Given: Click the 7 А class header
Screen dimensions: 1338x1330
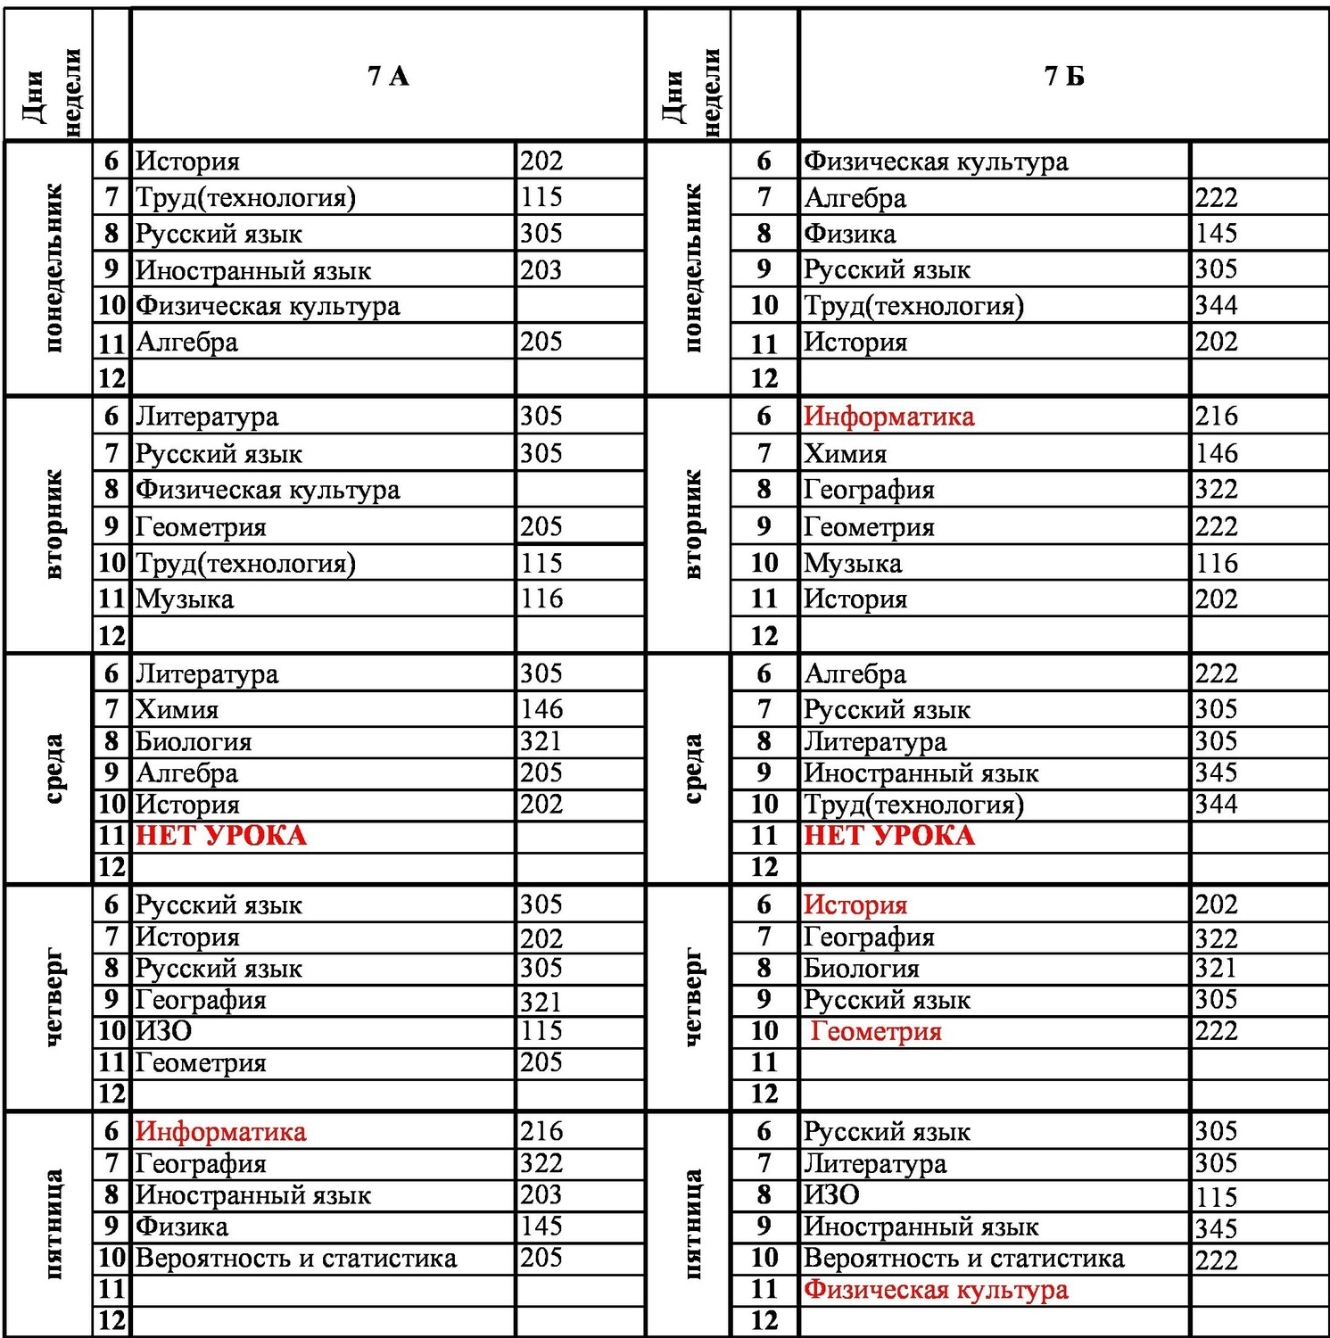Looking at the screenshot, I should (x=388, y=76).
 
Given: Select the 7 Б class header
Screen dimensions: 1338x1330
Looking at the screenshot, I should (x=1063, y=76).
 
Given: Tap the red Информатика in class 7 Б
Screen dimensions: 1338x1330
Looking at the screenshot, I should (x=888, y=417).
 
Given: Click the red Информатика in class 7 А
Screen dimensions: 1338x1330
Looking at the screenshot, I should (x=220, y=1132).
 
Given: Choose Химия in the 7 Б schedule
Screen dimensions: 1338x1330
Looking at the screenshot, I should (x=845, y=454).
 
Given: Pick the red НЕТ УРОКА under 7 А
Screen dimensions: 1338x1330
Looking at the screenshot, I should (x=220, y=836).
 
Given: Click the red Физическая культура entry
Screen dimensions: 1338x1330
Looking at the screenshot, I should (x=935, y=1290).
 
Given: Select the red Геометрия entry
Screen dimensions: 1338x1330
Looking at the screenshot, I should (x=875, y=1032).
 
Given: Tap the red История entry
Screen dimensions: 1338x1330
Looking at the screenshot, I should (x=855, y=904).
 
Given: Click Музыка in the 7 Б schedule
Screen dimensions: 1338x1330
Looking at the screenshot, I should (x=852, y=564).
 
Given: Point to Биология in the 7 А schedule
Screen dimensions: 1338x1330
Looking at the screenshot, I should (x=193, y=741).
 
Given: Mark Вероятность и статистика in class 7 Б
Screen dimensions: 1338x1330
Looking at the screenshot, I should (x=963, y=1259).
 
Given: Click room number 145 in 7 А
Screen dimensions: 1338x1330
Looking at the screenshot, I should (x=541, y=1226).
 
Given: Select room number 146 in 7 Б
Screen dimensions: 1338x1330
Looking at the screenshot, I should (x=1216, y=453).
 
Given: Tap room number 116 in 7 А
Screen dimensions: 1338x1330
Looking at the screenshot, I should (x=541, y=599).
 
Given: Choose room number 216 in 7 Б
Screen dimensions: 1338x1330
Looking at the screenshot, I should (x=1216, y=416).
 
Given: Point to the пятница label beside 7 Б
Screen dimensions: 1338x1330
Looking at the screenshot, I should (x=693, y=1224).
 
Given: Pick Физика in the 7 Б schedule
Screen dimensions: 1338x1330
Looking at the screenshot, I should (x=849, y=234).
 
